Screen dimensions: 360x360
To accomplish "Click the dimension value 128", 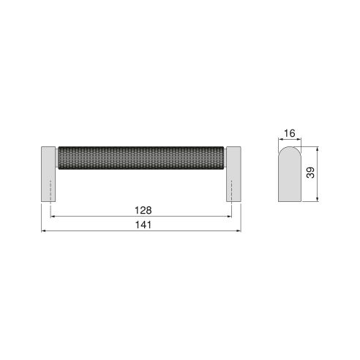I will (142, 209).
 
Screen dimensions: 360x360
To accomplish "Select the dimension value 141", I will (142, 225).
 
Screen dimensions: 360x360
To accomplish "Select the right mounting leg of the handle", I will (235, 173).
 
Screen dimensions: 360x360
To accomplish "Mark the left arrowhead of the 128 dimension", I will (52, 216).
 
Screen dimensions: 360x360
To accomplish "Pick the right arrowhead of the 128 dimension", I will (230, 216).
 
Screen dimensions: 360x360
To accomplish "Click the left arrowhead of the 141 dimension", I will (42, 231).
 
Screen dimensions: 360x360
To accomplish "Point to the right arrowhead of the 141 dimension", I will (241, 231).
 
